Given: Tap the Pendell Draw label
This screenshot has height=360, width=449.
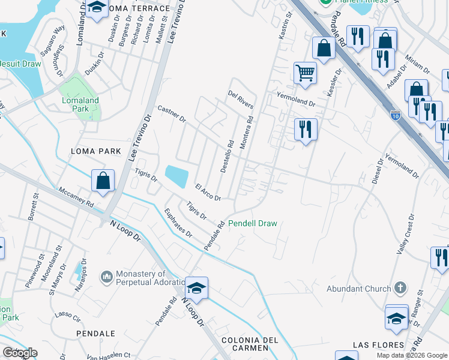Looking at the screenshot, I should [x=253, y=223].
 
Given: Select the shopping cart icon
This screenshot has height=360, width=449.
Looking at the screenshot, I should [x=305, y=73].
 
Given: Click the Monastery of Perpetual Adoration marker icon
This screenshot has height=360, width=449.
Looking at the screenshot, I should [x=107, y=277].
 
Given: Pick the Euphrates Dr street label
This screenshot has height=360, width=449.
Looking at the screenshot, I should [x=179, y=223].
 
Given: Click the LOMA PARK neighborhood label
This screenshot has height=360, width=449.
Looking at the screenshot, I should [x=96, y=151].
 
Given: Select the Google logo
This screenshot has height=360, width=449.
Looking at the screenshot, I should [x=20, y=353].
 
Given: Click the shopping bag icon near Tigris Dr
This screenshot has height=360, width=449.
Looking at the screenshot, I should [x=103, y=181].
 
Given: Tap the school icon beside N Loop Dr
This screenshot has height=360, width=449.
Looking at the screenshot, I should [x=196, y=287].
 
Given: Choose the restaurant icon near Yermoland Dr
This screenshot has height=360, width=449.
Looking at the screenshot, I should [x=306, y=129].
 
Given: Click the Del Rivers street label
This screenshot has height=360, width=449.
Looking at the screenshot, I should [x=241, y=100].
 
